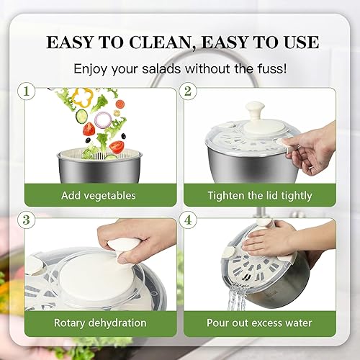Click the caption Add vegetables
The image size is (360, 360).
[x=99, y=195]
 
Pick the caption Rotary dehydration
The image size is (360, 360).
[x=99, y=323]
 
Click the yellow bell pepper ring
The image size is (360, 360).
[x=84, y=96]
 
